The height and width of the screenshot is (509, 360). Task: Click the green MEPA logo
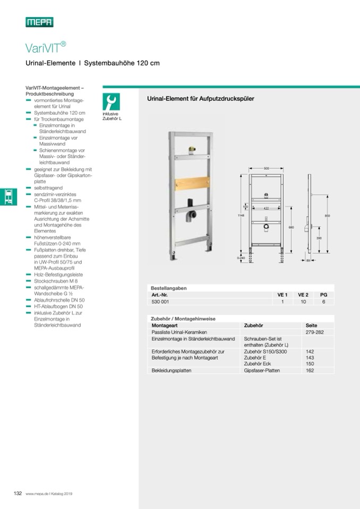(x=39, y=22)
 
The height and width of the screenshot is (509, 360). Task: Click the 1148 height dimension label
(x=241, y=215)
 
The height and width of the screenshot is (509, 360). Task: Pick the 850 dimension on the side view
(x=328, y=215)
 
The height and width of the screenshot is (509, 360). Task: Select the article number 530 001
(x=160, y=301)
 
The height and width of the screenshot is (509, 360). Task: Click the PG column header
(x=323, y=294)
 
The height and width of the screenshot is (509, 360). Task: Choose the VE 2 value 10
(x=303, y=301)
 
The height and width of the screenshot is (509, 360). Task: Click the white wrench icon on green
(x=112, y=101)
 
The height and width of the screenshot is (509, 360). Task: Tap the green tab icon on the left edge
(x=6, y=196)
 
